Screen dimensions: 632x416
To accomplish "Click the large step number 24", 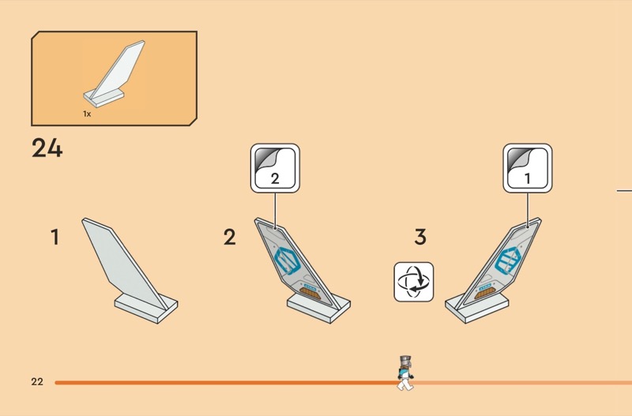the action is point(47,148).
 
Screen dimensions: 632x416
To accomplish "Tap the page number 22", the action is point(37,382).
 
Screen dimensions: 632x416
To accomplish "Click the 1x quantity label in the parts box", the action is point(87,114).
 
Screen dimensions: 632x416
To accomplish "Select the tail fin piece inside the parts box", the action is point(114,73).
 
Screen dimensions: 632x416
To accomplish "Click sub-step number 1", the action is point(55,237).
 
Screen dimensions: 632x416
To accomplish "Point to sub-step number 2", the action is point(230,237).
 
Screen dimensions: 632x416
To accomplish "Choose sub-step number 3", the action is point(420,237).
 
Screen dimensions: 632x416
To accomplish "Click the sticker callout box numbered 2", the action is point(275,168).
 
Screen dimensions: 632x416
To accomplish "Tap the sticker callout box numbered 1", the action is point(528,168).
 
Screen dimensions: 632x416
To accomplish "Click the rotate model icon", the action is point(413,282).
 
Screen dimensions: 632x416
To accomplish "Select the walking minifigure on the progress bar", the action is point(405,373).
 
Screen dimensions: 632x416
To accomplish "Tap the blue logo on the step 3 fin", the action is point(508,260).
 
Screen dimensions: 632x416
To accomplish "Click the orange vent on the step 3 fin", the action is point(485,293).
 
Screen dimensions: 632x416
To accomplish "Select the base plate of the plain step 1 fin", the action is point(146,308).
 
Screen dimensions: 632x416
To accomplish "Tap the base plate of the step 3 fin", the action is point(477,308).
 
